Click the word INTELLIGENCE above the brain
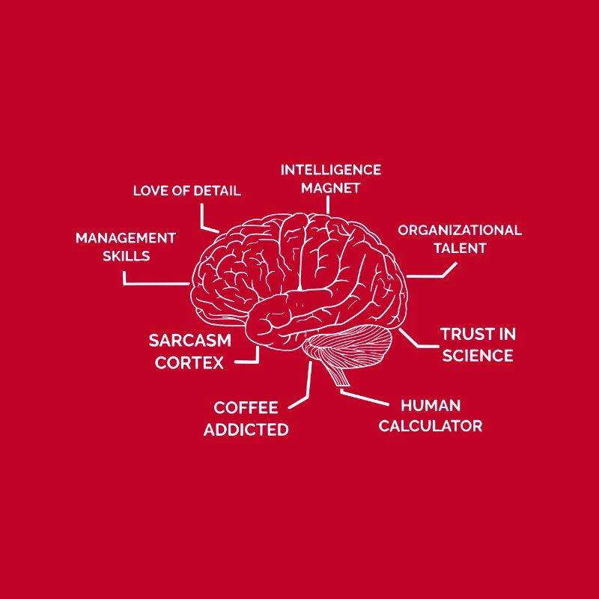331,170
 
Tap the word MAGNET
331,188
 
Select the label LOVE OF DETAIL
186,191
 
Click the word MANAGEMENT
126,238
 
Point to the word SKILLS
126,256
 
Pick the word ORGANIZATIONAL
460,230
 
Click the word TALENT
460,249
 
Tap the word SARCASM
190,341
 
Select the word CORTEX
189,362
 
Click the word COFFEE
246,408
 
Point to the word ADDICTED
246,430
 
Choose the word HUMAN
431,406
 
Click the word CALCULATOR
431,426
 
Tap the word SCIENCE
478,356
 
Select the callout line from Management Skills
153,284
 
